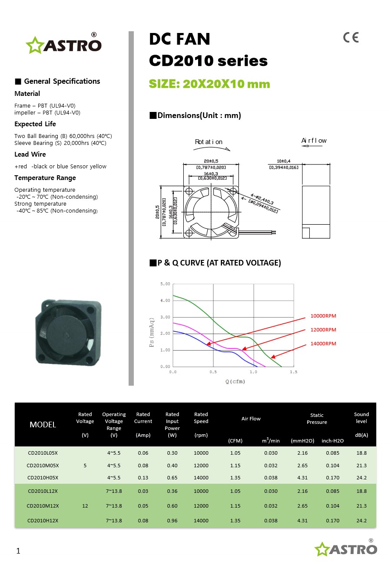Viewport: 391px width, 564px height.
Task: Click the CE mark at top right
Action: point(351,38)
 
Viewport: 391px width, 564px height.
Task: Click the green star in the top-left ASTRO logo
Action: point(33,45)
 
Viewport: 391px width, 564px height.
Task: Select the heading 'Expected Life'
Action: point(35,124)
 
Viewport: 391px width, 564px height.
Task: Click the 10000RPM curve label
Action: point(323,316)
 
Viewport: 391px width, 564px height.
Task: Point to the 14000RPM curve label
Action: point(323,344)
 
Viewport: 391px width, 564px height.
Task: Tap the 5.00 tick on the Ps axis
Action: point(165,284)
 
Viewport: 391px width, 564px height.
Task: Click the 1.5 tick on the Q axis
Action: point(294,372)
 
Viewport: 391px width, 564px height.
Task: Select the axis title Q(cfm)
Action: point(235,381)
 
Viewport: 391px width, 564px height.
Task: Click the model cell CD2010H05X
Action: point(43,478)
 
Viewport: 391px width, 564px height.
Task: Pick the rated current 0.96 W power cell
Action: point(172,521)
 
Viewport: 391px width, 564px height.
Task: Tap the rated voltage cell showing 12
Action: point(85,506)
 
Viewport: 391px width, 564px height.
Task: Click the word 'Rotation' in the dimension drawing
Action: point(209,142)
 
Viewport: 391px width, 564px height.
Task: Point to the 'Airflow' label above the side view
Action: point(314,141)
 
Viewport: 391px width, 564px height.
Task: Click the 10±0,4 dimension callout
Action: point(284,161)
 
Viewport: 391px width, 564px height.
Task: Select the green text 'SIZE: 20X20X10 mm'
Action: point(209,84)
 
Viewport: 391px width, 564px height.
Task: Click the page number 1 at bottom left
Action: point(18,551)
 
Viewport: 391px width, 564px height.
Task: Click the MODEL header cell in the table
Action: point(43,425)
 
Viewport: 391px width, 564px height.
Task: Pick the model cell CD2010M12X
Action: point(43,506)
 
